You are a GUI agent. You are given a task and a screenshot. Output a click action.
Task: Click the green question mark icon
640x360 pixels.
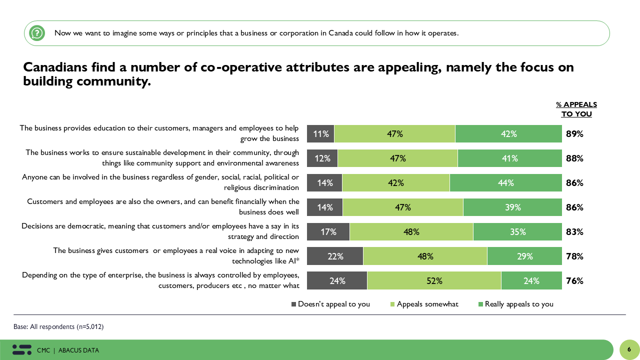[x=37, y=33]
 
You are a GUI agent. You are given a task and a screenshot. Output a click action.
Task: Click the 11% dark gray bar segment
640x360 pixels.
[x=320, y=134]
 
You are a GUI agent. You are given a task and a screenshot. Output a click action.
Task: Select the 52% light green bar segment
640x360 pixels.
[x=434, y=281]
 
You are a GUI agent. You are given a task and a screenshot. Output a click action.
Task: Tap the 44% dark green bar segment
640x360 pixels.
[x=505, y=183]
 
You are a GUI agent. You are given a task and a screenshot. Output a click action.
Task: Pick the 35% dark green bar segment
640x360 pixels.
[x=517, y=232]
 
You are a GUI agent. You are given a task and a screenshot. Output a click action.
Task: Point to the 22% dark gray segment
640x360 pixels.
[x=335, y=256]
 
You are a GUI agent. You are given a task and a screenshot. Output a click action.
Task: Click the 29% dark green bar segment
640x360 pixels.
[x=524, y=256]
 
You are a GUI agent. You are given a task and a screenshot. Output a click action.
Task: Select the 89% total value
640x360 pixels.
[x=574, y=134]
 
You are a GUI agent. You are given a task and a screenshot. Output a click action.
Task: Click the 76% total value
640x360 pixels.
[x=574, y=281]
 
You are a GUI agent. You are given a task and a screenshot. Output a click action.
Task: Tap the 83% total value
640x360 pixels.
[x=574, y=232]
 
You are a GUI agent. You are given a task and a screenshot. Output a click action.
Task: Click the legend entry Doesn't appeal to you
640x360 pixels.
[x=331, y=304]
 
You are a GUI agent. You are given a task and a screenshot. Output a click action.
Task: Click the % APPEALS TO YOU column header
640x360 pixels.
[x=576, y=109]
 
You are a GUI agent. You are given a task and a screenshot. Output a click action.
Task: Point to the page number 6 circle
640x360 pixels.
[x=629, y=349]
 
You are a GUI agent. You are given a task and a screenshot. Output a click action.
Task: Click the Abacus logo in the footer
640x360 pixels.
[x=22, y=350]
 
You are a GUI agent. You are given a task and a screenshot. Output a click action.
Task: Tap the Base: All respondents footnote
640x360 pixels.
[x=58, y=326]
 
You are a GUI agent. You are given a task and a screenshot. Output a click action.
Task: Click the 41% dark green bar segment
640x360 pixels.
[x=509, y=158]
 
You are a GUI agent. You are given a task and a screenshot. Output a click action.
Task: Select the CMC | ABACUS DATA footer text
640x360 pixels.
[x=68, y=350]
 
